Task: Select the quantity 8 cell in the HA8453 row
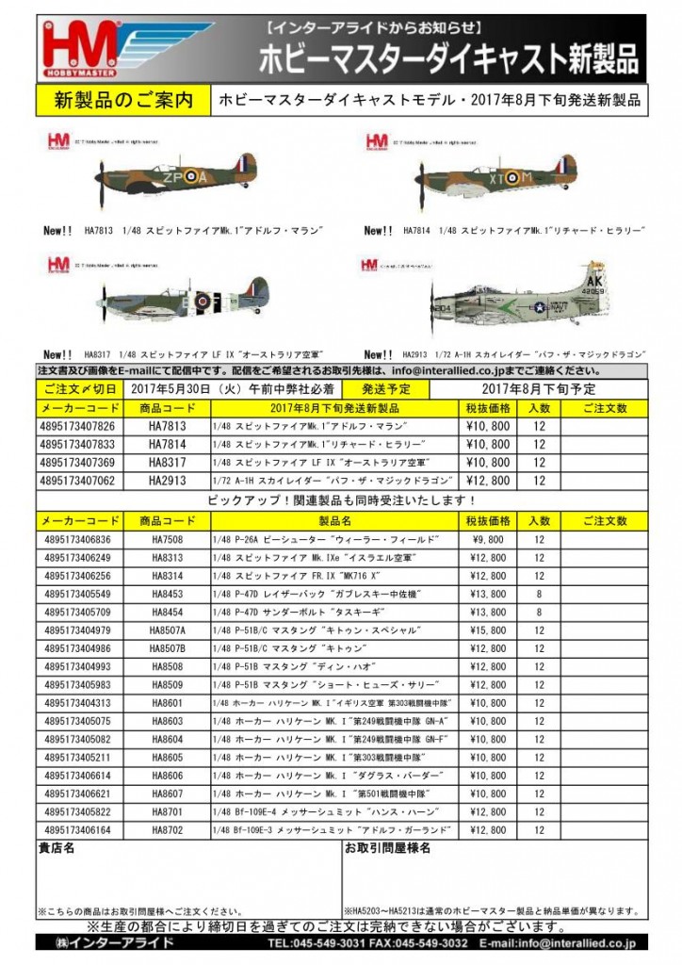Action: coord(538,595)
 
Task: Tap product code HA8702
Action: coord(168,829)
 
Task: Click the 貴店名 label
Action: coord(56,848)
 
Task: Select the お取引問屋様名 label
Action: coord(387,848)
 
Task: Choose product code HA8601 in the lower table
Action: coord(168,703)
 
